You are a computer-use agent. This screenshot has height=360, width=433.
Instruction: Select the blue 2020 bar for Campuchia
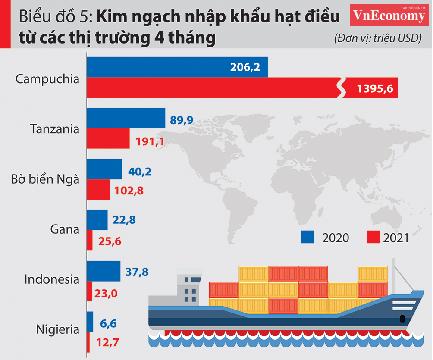click(x=177, y=67)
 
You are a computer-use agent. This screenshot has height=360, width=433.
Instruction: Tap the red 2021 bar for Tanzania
click(x=108, y=138)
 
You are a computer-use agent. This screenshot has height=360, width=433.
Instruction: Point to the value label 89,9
click(x=182, y=120)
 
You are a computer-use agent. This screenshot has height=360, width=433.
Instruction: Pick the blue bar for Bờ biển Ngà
click(x=105, y=169)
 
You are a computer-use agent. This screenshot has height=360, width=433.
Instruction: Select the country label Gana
click(x=65, y=229)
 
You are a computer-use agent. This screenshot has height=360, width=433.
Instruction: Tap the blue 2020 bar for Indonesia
click(x=104, y=271)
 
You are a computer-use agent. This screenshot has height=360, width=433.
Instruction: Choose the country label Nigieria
click(x=57, y=330)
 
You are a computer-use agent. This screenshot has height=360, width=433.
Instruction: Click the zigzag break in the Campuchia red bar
click(x=341, y=88)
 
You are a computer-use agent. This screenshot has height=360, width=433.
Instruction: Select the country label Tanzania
click(x=55, y=129)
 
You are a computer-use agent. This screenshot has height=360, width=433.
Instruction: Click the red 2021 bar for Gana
click(x=90, y=240)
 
